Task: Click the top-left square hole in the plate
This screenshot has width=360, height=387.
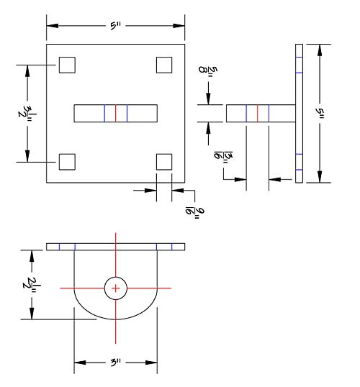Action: point(67,65)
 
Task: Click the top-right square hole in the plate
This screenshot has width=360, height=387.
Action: point(164,65)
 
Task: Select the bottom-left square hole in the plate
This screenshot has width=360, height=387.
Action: point(67,162)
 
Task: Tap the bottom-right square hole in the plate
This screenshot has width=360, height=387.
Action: point(164,162)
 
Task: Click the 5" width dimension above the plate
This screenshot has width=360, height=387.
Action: point(116,25)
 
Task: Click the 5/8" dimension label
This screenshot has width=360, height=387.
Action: point(208,70)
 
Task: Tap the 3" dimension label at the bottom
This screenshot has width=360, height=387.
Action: point(116,363)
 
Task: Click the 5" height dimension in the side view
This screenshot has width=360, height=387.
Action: point(320,113)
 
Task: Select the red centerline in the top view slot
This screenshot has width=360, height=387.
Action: point(116,113)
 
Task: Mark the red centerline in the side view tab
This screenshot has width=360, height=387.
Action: point(258,113)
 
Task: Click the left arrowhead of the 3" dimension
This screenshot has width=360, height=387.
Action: point(80,363)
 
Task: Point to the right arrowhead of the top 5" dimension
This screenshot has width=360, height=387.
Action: point(179,26)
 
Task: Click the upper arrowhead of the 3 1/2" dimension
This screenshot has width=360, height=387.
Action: point(27,70)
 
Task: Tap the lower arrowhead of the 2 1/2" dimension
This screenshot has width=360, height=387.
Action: point(32,314)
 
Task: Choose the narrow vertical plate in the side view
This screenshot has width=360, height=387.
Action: point(299,113)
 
